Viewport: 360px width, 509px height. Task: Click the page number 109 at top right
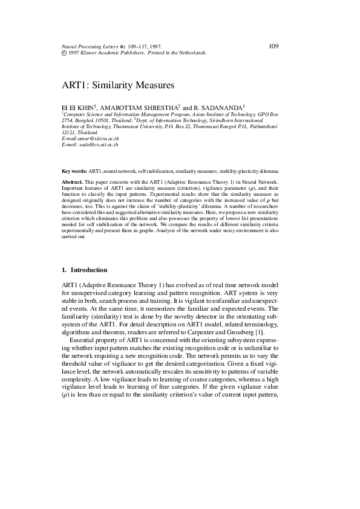[x=272, y=46]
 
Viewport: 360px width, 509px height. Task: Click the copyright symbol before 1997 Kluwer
[x=65, y=53]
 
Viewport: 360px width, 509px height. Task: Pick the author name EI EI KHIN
[x=78, y=106]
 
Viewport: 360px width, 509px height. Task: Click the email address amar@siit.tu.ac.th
[x=97, y=138]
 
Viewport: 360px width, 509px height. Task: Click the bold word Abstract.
[x=73, y=182]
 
